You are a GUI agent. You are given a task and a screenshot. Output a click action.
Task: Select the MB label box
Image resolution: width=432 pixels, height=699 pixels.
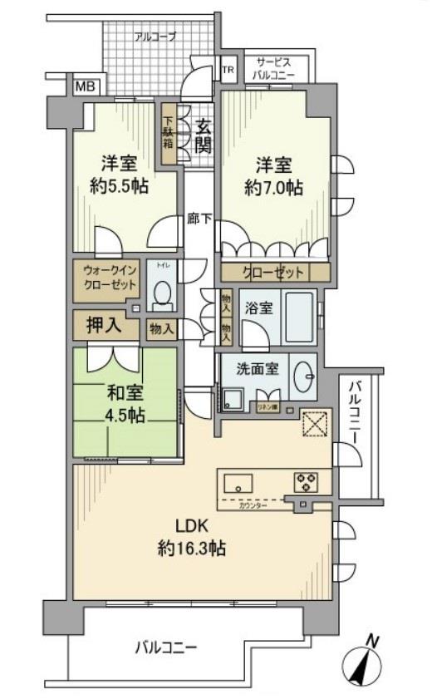point(85,85)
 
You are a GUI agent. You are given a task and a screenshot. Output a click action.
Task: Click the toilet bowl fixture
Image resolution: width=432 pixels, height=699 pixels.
point(164,293)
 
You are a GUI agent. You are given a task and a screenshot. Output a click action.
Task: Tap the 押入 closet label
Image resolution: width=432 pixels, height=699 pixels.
point(105,325)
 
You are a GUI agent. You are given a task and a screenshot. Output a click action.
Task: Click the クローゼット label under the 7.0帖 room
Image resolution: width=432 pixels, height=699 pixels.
point(273,272)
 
